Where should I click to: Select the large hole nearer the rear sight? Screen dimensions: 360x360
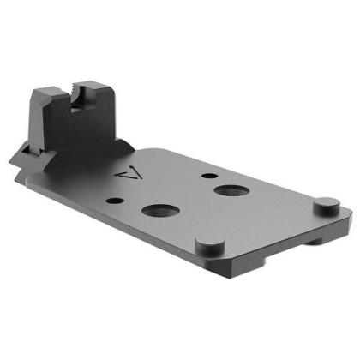click(158, 210)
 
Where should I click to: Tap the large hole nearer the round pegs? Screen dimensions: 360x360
click(226, 188)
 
